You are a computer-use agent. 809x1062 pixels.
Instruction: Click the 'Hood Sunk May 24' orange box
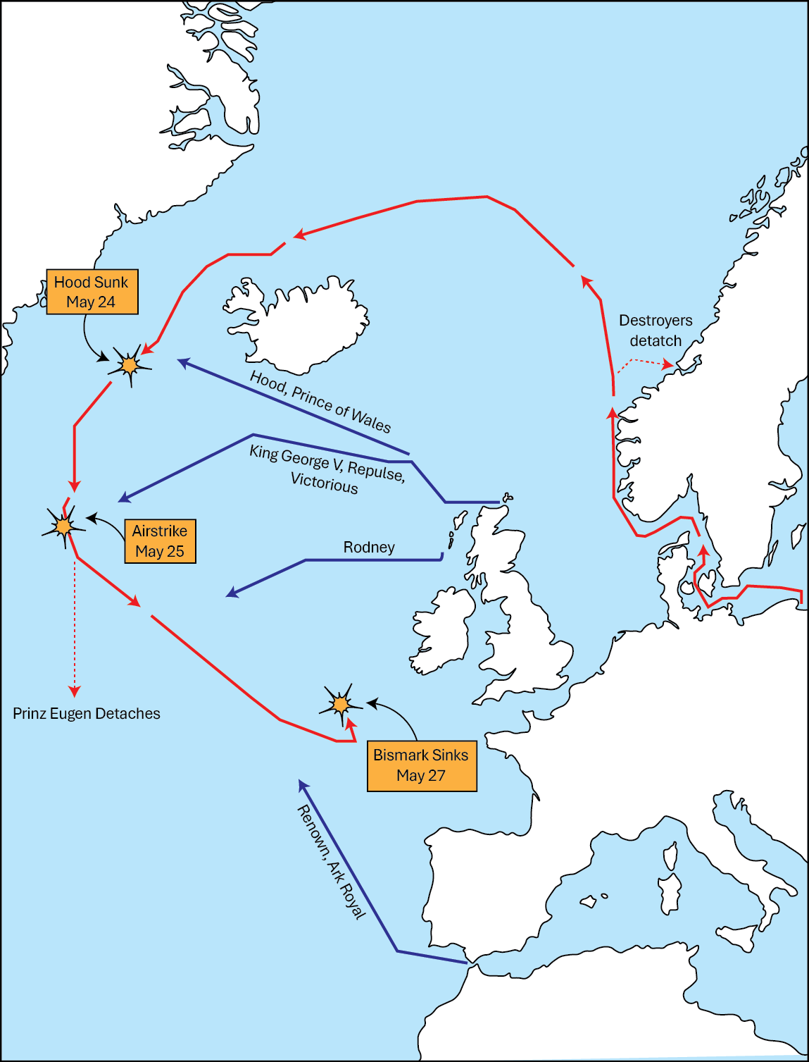(x=92, y=292)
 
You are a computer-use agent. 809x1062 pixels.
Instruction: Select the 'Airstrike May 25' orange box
(x=160, y=541)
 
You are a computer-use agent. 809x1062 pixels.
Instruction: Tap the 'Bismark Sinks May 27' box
(x=421, y=765)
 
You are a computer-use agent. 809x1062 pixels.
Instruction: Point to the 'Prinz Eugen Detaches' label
(x=87, y=713)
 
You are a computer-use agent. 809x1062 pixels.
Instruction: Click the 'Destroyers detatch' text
(x=656, y=331)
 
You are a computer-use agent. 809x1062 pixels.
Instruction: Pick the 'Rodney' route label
(x=369, y=547)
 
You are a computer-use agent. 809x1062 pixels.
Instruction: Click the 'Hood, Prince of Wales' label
(x=320, y=402)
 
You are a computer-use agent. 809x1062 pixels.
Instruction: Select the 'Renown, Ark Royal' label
(x=332, y=862)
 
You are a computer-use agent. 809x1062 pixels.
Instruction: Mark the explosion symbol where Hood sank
(x=129, y=365)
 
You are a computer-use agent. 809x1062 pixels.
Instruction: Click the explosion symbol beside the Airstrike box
(x=64, y=526)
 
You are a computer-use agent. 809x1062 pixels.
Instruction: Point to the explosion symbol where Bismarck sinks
(x=341, y=704)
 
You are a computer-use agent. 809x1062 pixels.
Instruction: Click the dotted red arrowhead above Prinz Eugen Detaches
(x=75, y=691)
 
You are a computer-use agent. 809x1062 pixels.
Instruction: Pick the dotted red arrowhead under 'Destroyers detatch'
(x=667, y=365)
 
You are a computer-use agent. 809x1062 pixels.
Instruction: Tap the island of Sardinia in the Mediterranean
(x=670, y=894)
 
